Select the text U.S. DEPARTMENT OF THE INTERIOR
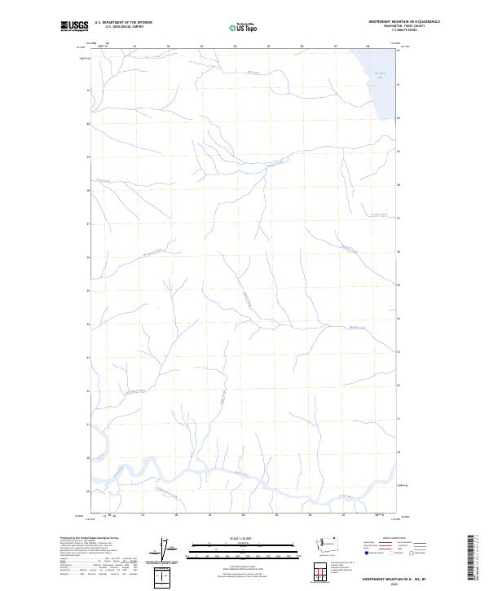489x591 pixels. [123, 22]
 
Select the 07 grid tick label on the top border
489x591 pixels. [335, 46]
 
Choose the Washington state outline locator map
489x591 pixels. [341, 543]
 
